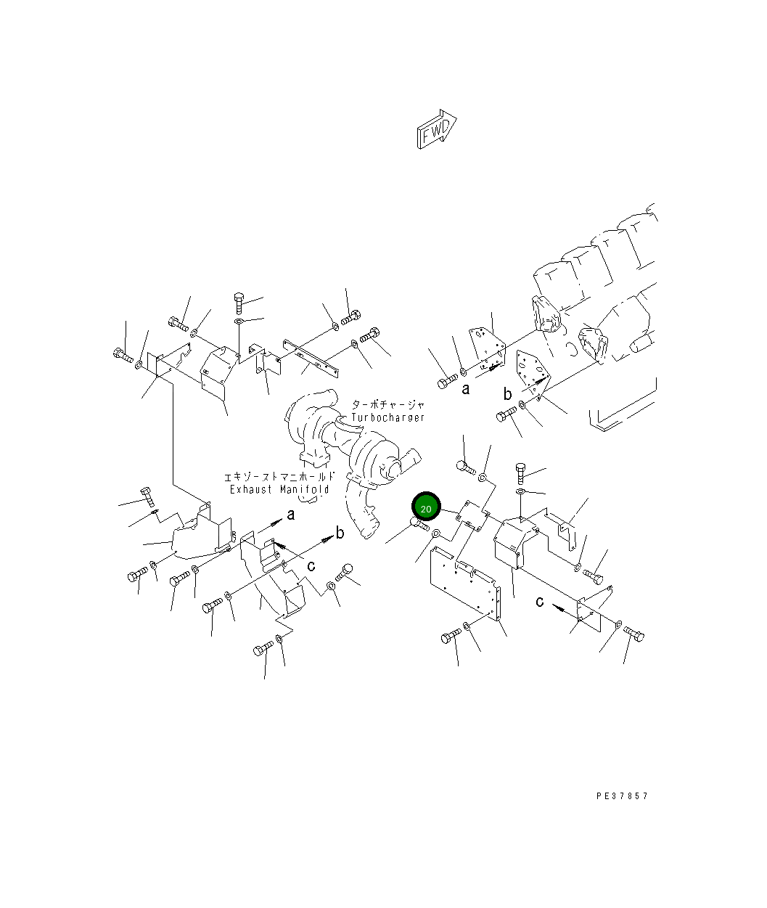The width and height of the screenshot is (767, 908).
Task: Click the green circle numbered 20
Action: click(x=426, y=507)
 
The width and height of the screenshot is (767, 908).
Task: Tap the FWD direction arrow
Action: click(x=437, y=129)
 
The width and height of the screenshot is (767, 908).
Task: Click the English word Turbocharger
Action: click(x=387, y=417)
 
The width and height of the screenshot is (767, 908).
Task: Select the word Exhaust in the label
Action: click(x=251, y=490)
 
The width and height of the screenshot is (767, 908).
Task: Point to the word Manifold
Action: click(x=304, y=490)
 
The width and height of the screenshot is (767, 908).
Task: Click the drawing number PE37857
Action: click(x=622, y=795)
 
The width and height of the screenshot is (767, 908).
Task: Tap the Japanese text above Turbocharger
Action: click(x=388, y=405)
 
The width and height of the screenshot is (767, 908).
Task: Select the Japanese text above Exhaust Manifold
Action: click(x=279, y=477)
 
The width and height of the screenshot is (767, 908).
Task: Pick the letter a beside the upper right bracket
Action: click(x=466, y=389)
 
